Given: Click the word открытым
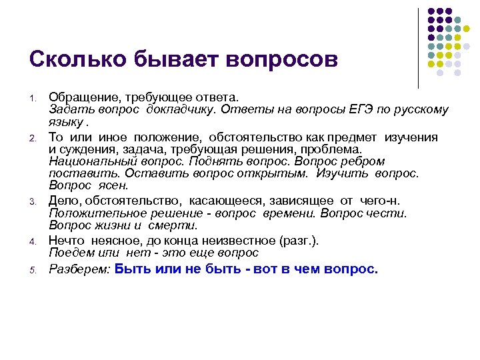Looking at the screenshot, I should pyautogui.click(x=277, y=173).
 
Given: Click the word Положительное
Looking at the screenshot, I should pyautogui.click(x=91, y=213).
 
